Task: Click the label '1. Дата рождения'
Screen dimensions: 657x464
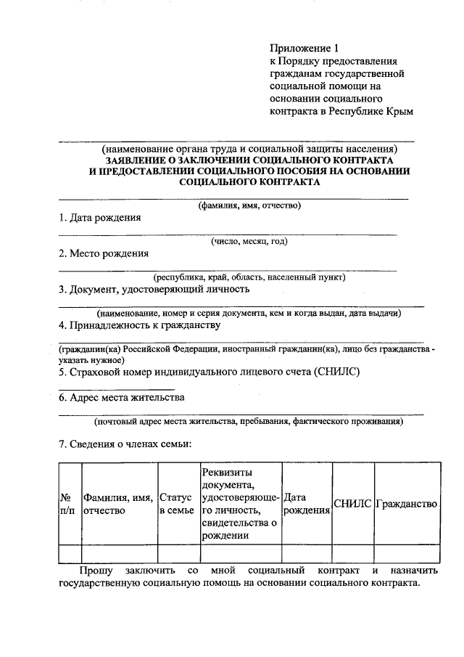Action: [99, 218]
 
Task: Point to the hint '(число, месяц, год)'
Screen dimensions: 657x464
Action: [249, 241]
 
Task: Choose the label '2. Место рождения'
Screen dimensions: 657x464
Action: [104, 253]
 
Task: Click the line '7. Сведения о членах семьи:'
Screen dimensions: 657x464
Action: [125, 444]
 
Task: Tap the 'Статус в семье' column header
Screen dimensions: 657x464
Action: [176, 504]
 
